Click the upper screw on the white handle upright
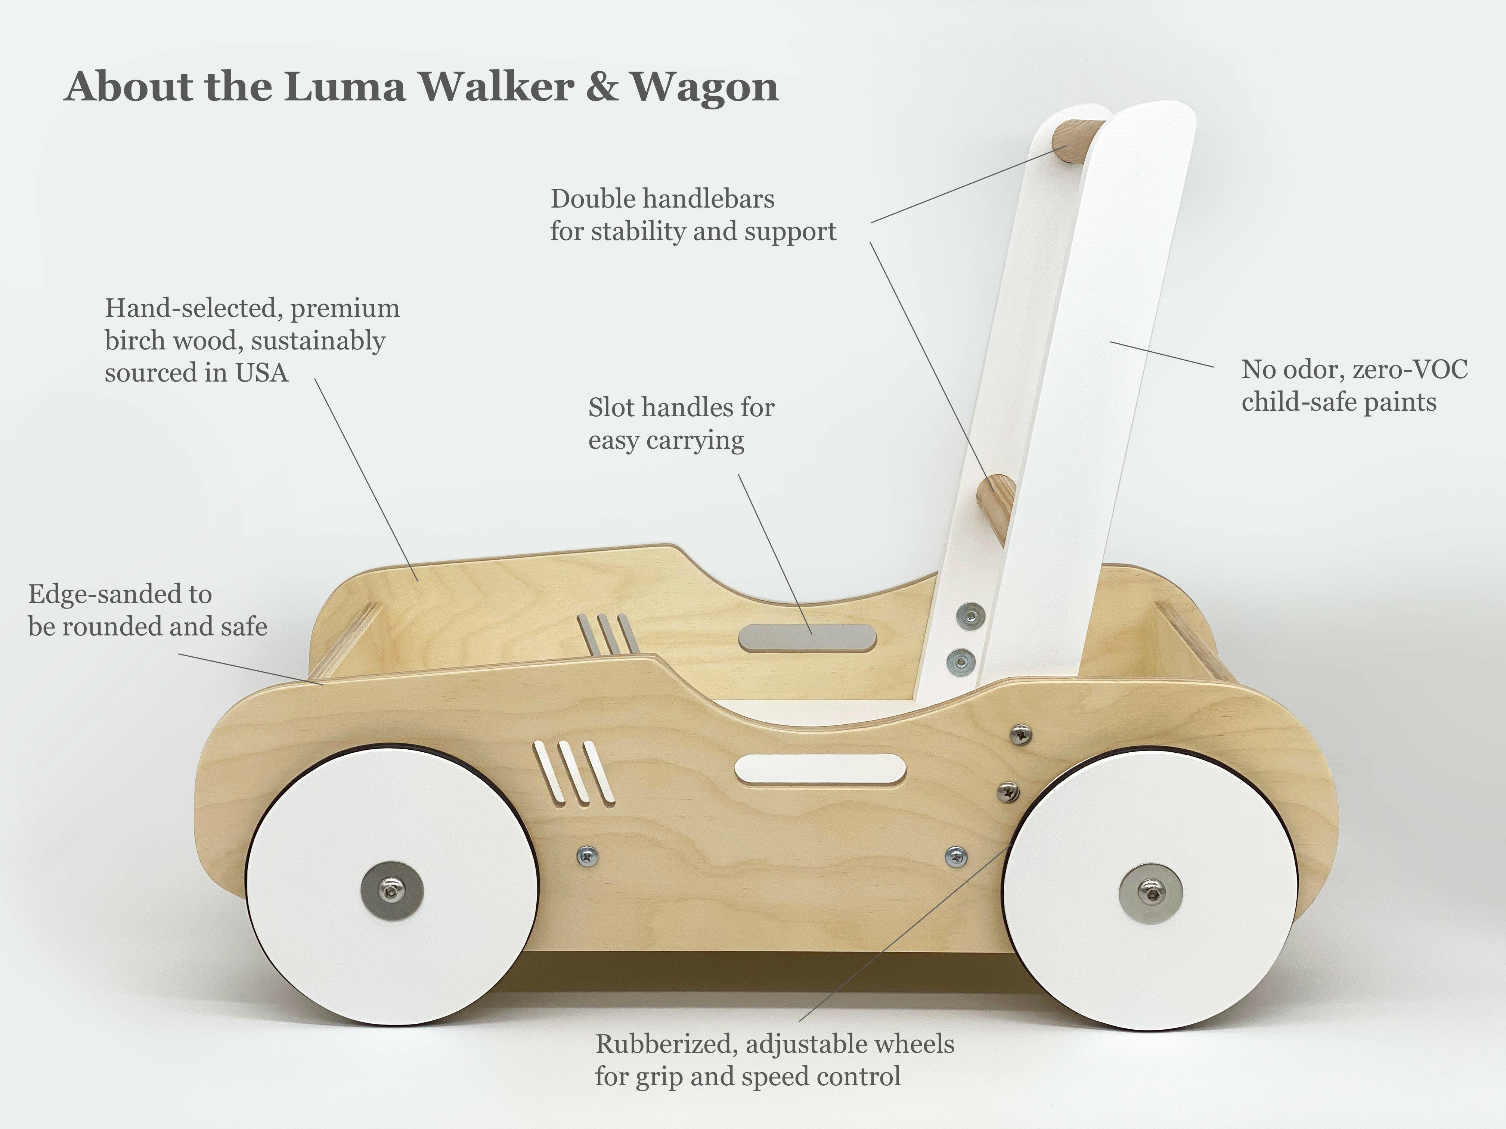point(970,616)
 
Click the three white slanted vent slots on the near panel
point(574,772)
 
